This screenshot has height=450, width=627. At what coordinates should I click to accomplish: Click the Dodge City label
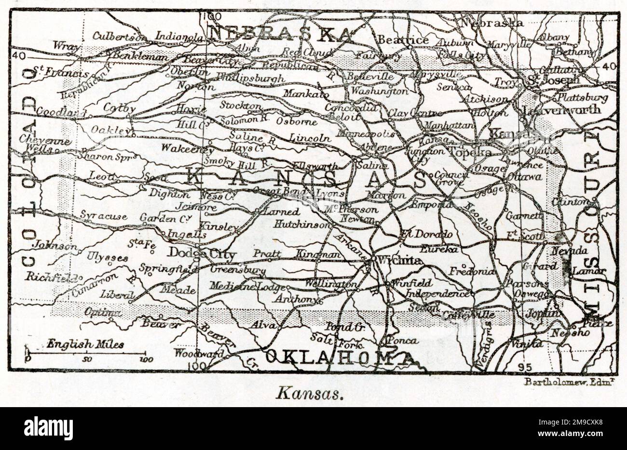[x=202, y=254]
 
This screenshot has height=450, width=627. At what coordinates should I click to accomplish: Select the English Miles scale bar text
[x=85, y=344]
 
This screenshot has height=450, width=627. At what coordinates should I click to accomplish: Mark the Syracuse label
[x=103, y=216]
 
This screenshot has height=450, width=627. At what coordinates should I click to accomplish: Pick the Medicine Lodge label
[x=245, y=286]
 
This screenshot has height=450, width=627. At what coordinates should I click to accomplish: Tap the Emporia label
[x=431, y=205]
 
